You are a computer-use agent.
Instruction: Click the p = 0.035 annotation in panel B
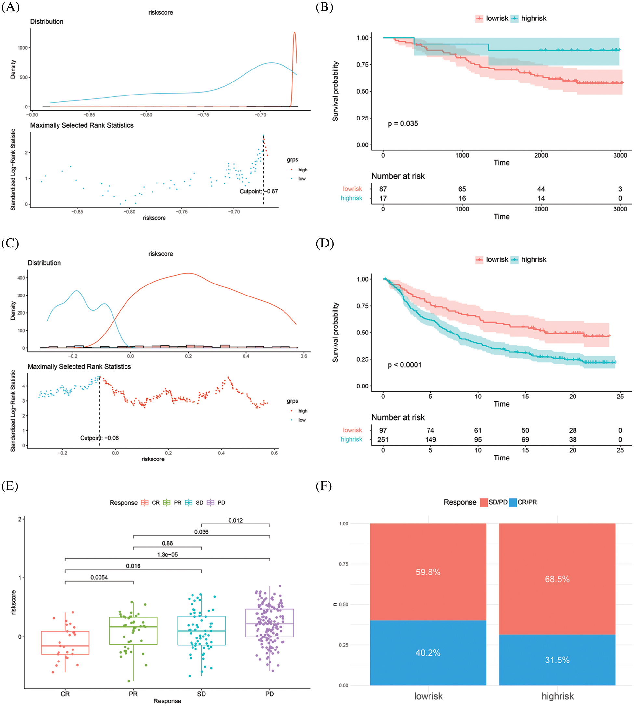[x=403, y=123]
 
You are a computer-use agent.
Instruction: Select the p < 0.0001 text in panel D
[x=404, y=365]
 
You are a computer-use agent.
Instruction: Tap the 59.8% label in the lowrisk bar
[x=428, y=572]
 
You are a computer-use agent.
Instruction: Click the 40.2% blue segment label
[x=428, y=653]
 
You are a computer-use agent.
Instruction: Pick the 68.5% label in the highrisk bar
[x=557, y=579]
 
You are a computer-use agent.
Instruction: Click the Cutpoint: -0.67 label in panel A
[x=258, y=191]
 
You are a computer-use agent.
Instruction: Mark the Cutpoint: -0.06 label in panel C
[x=99, y=438]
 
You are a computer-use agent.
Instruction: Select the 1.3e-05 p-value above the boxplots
[x=167, y=555]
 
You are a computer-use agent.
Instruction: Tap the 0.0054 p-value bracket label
[x=99, y=577]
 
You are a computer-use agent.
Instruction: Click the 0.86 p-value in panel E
[x=167, y=543]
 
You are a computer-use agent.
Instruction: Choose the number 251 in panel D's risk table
[x=383, y=439]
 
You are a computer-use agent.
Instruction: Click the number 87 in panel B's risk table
[x=383, y=189]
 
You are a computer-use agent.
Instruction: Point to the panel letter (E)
[x=10, y=486]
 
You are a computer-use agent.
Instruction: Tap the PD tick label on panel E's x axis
[x=269, y=694]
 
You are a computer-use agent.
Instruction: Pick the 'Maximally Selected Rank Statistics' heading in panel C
[x=79, y=366]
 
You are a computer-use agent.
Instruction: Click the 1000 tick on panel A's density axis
[x=22, y=48]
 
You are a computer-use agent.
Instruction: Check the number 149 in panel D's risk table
[x=430, y=439]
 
